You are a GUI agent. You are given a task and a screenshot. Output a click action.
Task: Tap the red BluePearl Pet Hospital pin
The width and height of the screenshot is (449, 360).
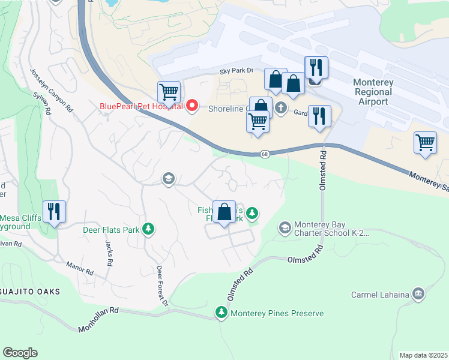click(192, 106)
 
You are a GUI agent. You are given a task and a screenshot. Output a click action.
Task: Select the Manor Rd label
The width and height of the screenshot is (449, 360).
click(80, 268)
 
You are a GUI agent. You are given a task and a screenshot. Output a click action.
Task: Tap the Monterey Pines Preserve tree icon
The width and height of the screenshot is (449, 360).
click(222, 313)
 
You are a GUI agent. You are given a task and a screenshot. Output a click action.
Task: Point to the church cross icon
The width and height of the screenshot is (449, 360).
click(280, 108)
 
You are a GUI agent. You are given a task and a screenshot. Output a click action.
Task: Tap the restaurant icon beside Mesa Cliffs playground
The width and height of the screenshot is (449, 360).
click(54, 212)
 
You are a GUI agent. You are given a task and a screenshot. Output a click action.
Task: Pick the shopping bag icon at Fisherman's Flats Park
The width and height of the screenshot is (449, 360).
click(224, 212)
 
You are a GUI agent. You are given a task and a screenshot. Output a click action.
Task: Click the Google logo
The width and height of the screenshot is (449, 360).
click(20, 352)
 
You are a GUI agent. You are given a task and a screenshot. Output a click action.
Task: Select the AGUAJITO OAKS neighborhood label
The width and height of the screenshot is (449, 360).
click(30, 292)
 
